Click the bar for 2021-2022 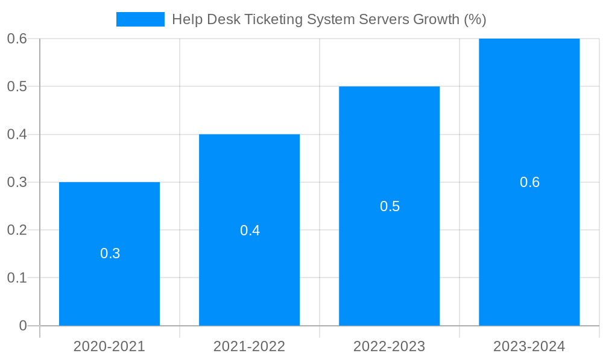pos(249,181)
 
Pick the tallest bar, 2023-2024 pos(529,121)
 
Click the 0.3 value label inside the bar pos(110,253)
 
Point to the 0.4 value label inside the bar pos(250,230)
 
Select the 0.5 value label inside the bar pos(390,206)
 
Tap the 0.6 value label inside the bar pos(529,182)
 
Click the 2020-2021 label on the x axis pos(109,346)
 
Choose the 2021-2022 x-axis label pos(249,346)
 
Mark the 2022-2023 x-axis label pos(389,346)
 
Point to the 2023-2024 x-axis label pos(529,346)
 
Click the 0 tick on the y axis pos(23,326)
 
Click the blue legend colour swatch pos(140,19)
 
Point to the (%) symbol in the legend pos(475,19)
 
